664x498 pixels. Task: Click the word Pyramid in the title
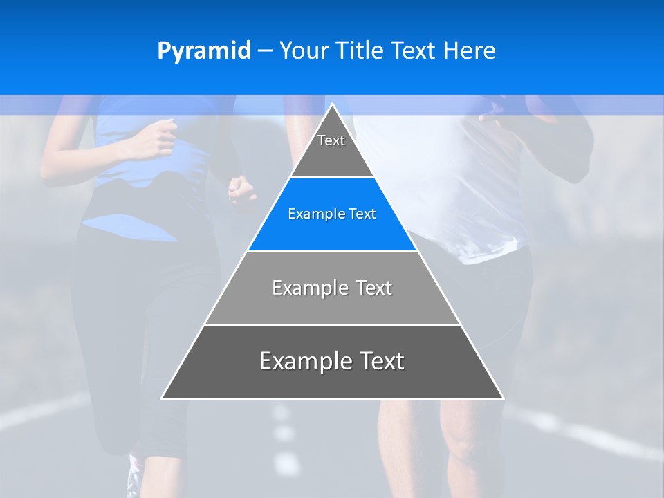click(x=203, y=51)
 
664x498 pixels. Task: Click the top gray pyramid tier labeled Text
click(x=331, y=145)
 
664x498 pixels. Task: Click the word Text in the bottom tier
click(x=379, y=361)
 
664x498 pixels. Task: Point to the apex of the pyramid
click(x=332, y=105)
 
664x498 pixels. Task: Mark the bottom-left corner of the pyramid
click(x=163, y=398)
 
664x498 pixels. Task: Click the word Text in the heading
click(x=414, y=51)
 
